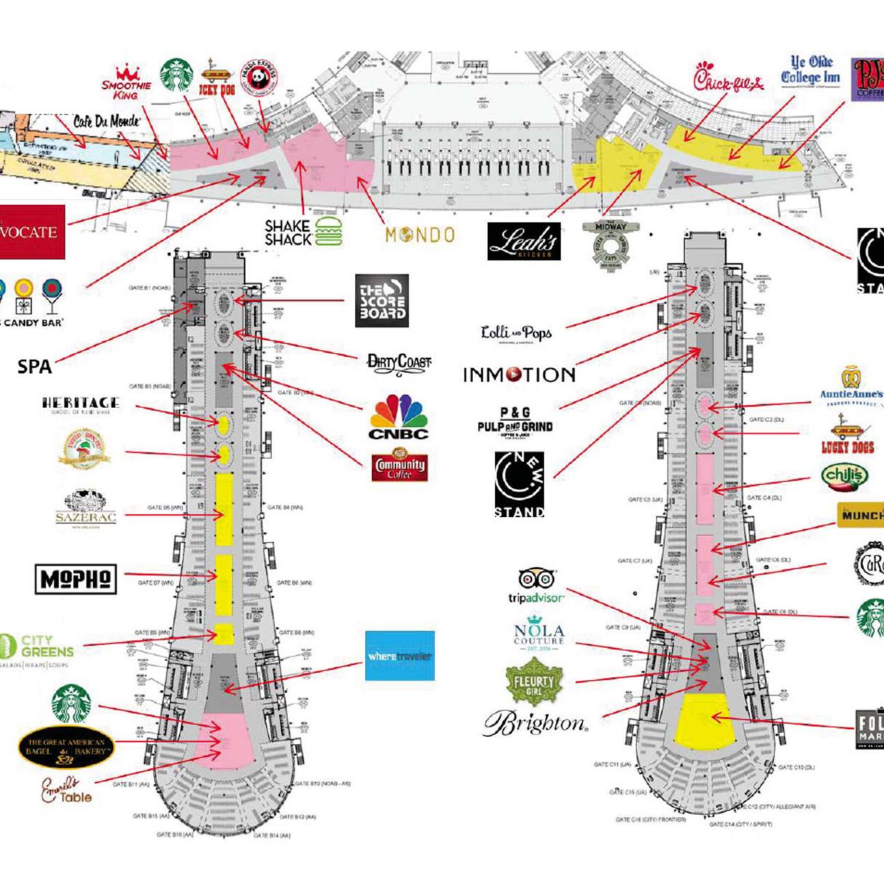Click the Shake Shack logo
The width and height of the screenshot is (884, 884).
304,232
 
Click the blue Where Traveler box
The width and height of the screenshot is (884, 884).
399,656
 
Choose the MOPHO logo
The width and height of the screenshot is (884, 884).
75,579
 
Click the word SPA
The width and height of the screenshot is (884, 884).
34,366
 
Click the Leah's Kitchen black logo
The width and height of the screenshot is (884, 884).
524,241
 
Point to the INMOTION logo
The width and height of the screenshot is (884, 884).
519,375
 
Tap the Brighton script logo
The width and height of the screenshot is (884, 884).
535,723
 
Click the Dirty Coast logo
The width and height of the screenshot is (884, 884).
399,362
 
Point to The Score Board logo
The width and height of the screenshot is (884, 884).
381,300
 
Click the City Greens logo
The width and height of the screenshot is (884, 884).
38,650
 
